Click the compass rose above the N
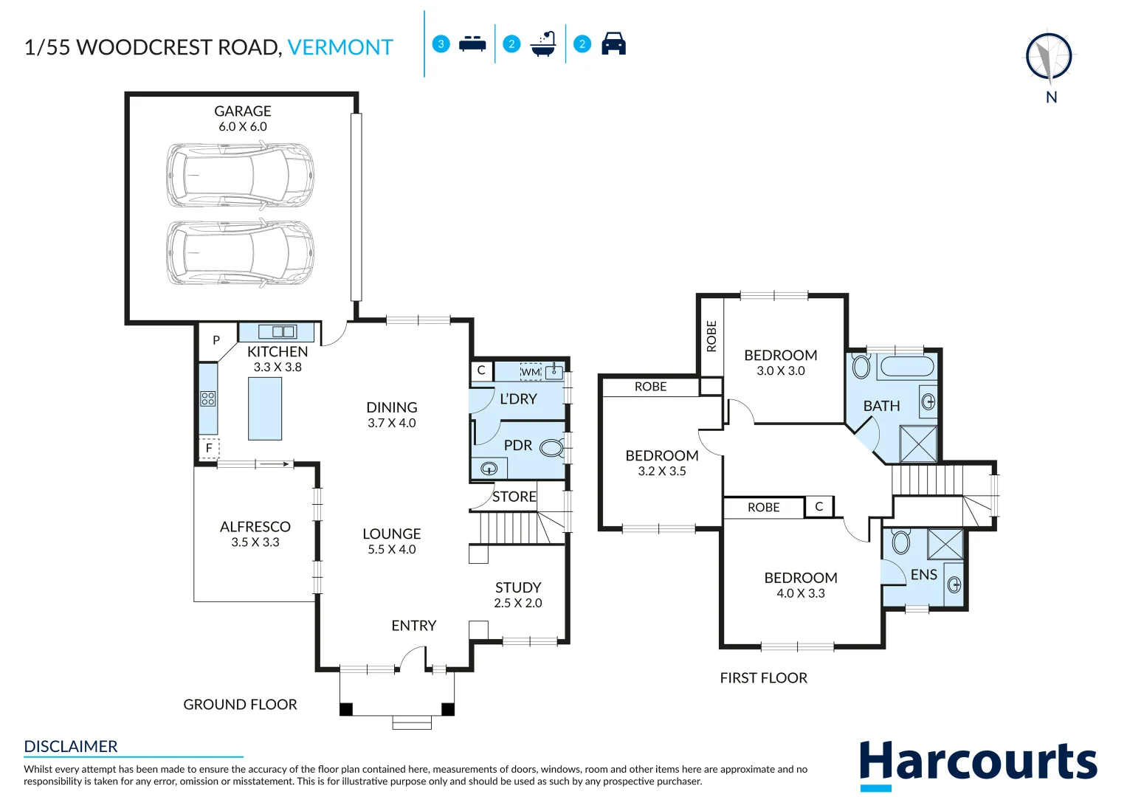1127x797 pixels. click(1049, 57)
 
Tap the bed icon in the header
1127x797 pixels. click(472, 44)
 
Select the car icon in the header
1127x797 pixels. click(613, 44)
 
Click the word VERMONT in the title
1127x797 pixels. click(340, 48)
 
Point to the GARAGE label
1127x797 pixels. click(243, 111)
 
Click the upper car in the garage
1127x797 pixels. click(240, 175)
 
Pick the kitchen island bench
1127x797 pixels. click(265, 408)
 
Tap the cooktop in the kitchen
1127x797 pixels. click(208, 398)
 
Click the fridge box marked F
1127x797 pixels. click(209, 448)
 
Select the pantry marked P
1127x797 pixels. click(216, 340)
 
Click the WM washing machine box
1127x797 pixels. click(531, 372)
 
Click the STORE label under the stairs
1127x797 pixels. click(514, 497)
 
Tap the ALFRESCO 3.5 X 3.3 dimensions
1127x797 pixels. click(255, 542)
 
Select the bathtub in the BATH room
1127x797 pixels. click(906, 367)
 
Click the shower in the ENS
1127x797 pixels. click(945, 545)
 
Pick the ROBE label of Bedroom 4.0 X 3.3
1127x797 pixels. click(763, 508)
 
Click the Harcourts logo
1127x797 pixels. click(978, 764)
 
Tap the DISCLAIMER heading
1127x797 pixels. click(71, 747)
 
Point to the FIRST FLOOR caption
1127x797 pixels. click(763, 678)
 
